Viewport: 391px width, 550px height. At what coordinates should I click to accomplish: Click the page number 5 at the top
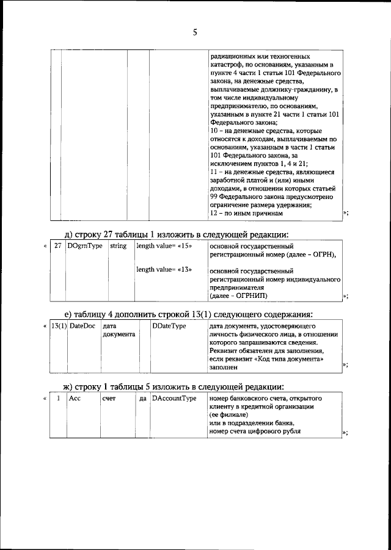pos(195,33)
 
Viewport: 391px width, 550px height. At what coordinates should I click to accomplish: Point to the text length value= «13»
pos(159,269)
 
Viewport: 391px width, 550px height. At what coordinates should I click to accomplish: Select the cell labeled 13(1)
pos(59,327)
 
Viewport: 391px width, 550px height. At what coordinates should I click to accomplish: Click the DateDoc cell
pos(82,327)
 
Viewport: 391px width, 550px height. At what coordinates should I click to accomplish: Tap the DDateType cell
pos(169,327)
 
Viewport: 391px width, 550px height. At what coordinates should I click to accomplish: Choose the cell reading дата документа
pos(115,330)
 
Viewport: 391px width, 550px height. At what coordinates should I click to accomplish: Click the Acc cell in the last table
pos(75,398)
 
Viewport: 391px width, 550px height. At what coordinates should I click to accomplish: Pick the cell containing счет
pos(109,398)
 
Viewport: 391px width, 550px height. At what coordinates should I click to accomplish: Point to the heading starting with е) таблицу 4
pos(189,314)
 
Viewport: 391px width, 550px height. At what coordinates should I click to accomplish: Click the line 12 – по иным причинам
pos(246,214)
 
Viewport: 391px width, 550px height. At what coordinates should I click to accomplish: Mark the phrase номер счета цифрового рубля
pos(255,432)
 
